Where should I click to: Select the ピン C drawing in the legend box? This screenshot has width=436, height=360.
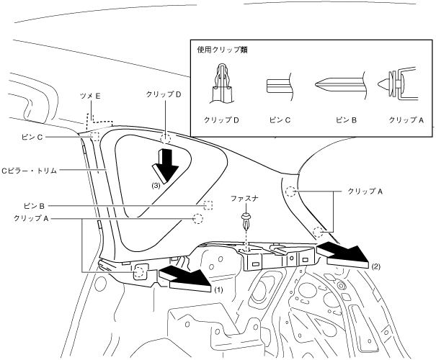point(279,84)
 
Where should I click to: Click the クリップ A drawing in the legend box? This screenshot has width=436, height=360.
point(396,83)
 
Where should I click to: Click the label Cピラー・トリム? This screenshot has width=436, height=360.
point(30,171)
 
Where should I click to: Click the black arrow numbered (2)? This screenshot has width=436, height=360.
point(345,253)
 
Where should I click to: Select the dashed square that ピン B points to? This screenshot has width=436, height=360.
point(208,205)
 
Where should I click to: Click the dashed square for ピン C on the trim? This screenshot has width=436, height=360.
point(94,135)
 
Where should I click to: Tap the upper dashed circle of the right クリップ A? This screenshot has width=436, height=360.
point(291,192)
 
